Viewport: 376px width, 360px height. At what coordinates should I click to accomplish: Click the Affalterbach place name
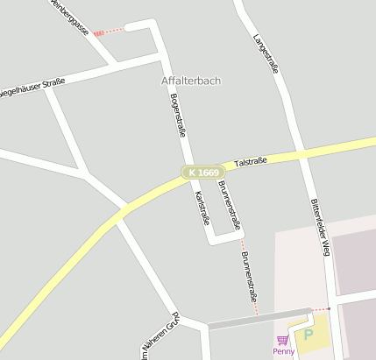tap(191, 81)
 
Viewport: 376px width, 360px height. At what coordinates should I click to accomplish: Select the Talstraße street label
tap(251, 162)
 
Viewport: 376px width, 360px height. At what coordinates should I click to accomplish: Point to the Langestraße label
tap(265, 53)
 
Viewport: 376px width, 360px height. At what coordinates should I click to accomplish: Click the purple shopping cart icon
tap(282, 340)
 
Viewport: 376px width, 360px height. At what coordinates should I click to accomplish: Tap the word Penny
tap(283, 351)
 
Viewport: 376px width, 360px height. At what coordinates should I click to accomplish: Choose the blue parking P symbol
tap(308, 335)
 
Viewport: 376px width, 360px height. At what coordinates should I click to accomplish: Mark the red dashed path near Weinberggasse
tap(109, 32)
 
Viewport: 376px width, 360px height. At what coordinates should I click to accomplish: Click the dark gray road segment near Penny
tap(259, 318)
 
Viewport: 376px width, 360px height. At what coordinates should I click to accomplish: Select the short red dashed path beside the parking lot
tap(322, 309)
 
